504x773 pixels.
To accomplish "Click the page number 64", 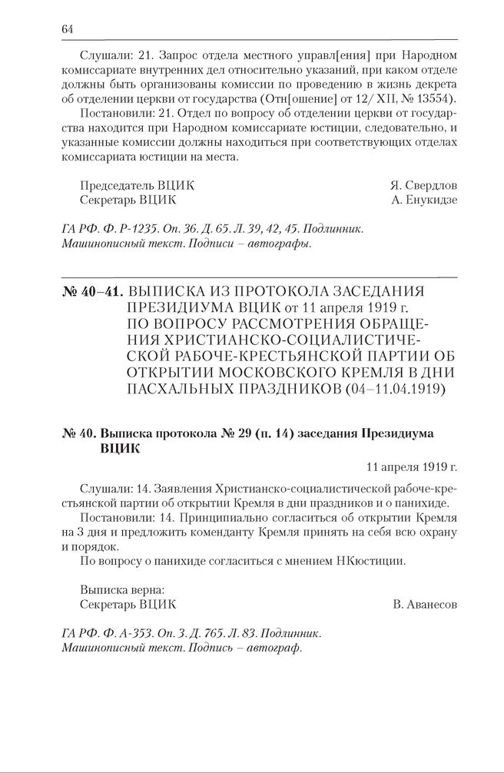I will pyautogui.click(x=67, y=29).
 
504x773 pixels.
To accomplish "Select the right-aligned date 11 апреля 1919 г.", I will pyautogui.click(x=412, y=466).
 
